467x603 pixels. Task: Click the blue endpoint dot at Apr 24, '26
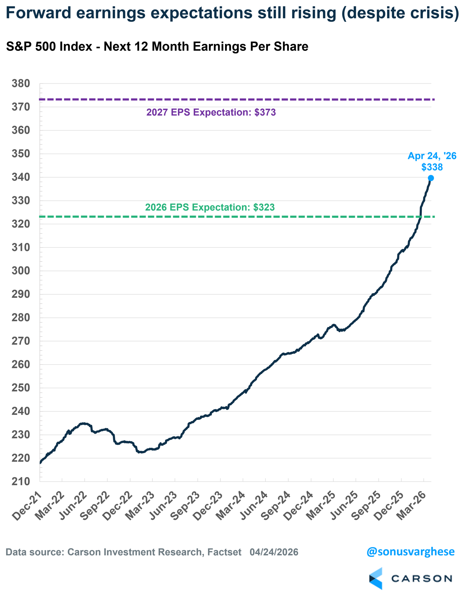click(x=430, y=178)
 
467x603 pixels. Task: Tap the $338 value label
click(x=432, y=167)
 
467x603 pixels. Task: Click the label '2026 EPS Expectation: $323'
click(x=210, y=207)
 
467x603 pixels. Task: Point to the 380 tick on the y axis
click(x=21, y=83)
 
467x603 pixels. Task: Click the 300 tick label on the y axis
click(x=21, y=271)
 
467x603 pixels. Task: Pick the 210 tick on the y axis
click(x=21, y=481)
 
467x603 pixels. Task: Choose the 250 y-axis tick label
click(x=21, y=388)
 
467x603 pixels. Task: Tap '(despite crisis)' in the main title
click(x=400, y=13)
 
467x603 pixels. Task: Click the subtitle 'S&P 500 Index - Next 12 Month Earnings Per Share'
click(x=157, y=46)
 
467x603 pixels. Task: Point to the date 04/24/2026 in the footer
click(x=274, y=552)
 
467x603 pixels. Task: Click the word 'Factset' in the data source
click(x=224, y=552)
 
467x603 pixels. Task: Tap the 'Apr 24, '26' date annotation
click(x=432, y=156)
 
